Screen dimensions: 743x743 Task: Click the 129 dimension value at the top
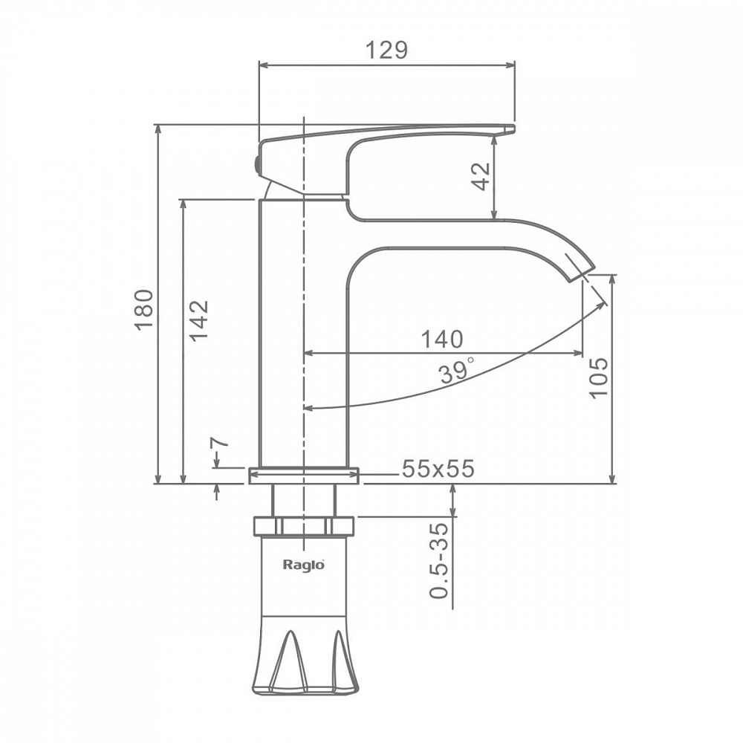point(386,50)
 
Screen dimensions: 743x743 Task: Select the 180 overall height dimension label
point(144,310)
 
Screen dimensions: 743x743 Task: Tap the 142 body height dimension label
point(199,320)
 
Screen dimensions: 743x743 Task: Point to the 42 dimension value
point(481,176)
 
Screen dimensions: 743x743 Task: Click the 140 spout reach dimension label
point(442,340)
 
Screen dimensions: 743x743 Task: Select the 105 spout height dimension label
point(598,378)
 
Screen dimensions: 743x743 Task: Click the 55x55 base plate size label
point(438,469)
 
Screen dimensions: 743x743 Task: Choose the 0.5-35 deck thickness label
point(439,560)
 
